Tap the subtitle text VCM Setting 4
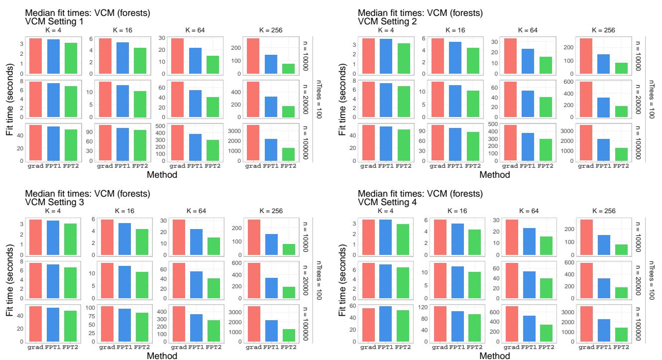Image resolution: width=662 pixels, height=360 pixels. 387,203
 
